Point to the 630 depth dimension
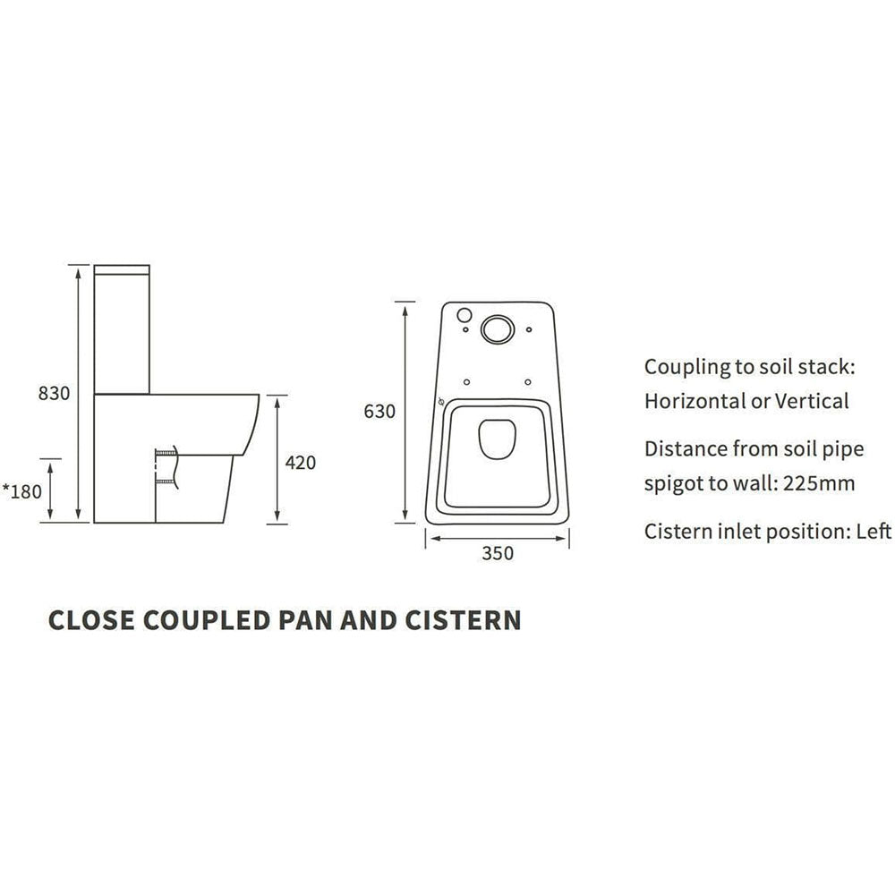coord(379,412)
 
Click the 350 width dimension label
coord(498,553)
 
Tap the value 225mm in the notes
coord(818,484)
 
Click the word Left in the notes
coord(874,532)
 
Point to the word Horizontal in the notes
coord(694,401)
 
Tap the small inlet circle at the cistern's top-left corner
coord(464,314)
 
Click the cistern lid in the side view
coord(122,268)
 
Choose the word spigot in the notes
coord(674,484)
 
